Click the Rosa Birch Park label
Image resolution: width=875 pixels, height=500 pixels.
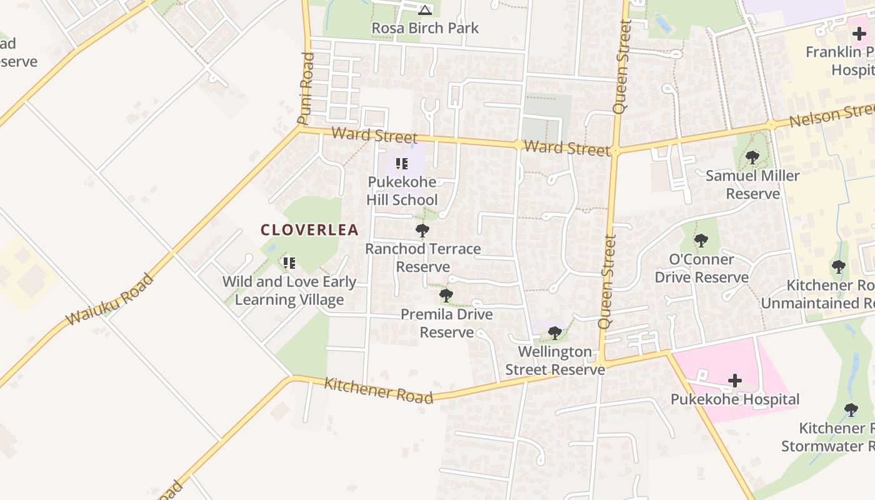click(425, 28)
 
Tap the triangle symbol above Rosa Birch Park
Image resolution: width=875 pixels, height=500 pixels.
click(425, 10)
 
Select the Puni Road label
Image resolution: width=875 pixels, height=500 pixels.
click(306, 89)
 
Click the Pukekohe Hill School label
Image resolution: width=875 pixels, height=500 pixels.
click(402, 191)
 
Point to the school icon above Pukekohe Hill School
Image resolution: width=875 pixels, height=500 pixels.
click(402, 164)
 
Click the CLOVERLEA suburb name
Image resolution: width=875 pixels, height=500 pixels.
click(309, 230)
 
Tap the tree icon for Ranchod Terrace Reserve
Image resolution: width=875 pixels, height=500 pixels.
click(422, 231)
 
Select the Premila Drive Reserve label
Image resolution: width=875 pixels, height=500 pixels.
click(446, 323)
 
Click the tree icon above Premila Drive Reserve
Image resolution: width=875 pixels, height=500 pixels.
click(446, 295)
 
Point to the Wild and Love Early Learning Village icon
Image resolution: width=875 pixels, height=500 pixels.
click(289, 263)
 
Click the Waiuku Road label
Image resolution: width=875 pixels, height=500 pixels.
click(110, 299)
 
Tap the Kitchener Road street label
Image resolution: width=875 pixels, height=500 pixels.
click(378, 390)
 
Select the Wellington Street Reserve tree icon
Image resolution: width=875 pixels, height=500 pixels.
click(554, 332)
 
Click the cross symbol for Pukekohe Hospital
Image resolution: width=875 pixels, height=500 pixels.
click(735, 380)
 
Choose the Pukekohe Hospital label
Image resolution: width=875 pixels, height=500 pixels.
click(735, 399)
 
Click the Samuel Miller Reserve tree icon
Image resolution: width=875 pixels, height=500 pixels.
click(752, 157)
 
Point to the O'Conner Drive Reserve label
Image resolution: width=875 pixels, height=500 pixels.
click(701, 268)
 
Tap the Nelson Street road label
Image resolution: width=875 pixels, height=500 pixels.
click(831, 116)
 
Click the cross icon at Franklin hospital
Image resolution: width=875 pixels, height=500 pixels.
click(859, 34)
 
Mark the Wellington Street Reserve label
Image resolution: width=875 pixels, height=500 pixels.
click(555, 361)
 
